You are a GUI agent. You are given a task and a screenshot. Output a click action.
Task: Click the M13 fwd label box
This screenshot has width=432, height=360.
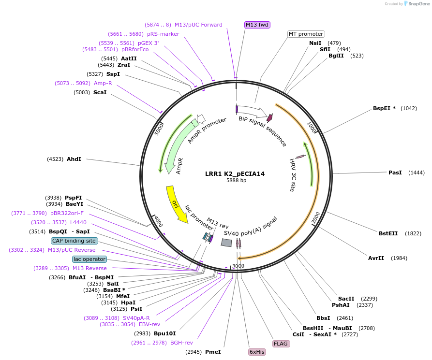tap(257, 25)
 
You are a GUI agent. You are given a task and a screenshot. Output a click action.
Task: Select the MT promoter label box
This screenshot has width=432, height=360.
tap(306, 34)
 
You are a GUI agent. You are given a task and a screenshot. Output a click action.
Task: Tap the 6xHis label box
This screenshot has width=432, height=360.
tap(257, 352)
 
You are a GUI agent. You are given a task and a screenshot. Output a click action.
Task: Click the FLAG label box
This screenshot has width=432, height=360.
tap(281, 344)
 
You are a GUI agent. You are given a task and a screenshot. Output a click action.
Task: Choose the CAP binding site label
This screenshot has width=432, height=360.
tap(74, 241)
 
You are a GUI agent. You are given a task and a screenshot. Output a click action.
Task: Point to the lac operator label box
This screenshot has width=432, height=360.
tap(89, 259)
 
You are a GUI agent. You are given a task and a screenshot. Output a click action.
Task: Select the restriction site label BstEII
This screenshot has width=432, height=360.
tap(388, 233)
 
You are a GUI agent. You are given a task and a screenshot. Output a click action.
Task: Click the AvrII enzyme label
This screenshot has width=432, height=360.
tap(376, 258)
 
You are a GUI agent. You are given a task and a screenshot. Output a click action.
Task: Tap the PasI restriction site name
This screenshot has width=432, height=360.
tap(395, 173)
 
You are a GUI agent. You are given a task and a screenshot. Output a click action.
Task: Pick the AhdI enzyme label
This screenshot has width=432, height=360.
tap(74, 159)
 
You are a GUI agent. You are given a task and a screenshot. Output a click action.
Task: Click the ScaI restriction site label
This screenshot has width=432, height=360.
tap(100, 92)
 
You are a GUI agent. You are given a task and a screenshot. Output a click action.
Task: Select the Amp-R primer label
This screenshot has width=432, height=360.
tap(103, 83)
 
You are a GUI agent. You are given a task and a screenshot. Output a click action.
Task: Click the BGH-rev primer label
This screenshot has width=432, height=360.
tap(181, 343)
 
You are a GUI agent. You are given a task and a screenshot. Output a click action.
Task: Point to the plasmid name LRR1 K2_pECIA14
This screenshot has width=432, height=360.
tap(235, 174)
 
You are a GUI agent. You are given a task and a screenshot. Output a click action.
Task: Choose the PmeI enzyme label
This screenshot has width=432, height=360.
tap(213, 352)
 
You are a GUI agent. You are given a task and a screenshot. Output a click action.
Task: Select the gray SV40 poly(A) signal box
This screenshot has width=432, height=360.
tap(226, 243)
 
